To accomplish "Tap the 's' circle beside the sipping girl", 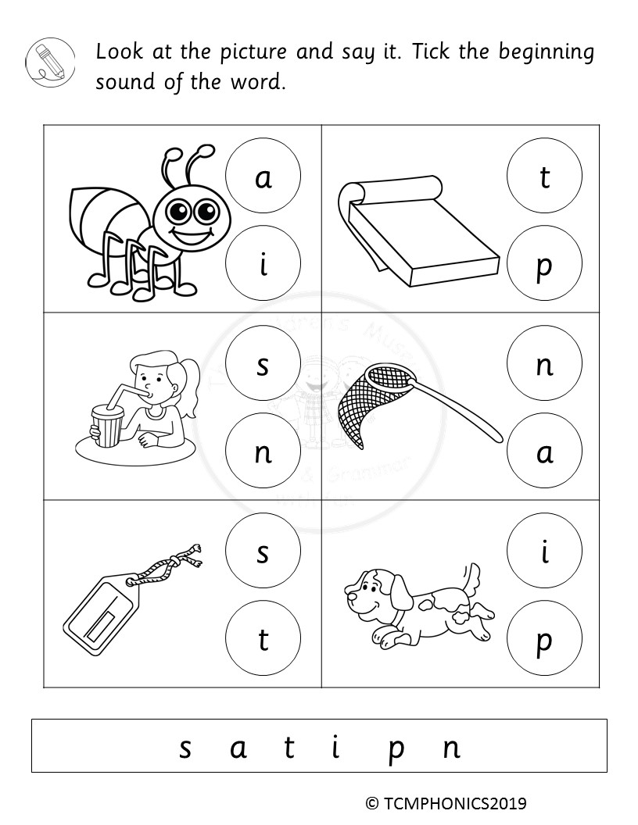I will click(x=263, y=364).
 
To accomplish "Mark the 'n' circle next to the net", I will click(x=544, y=364).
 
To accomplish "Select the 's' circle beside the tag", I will click(x=263, y=552).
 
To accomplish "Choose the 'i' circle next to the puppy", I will click(x=544, y=552).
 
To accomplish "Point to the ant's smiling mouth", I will click(x=188, y=234).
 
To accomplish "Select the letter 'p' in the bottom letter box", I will click(x=396, y=748).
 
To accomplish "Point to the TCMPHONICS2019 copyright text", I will click(x=446, y=802).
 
